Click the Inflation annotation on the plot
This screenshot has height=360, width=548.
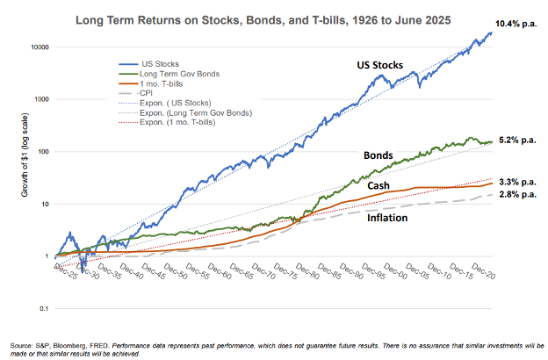pos(387,217)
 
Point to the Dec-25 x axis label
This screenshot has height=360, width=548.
pos(63,265)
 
